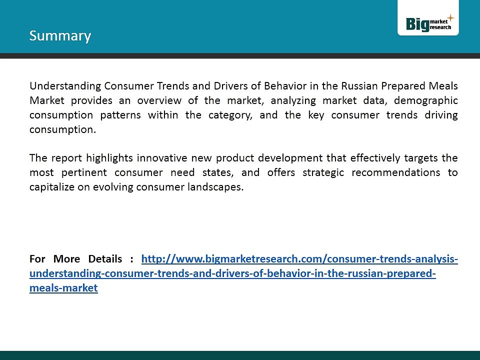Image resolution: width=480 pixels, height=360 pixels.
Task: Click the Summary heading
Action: click(60, 36)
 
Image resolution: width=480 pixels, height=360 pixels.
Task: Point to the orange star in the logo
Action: click(450, 18)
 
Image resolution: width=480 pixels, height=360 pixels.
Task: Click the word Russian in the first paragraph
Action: click(359, 85)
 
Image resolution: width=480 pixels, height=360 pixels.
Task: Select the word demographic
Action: click(426, 100)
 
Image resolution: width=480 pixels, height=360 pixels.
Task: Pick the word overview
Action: click(159, 100)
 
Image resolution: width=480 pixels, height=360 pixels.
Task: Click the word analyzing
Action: click(293, 100)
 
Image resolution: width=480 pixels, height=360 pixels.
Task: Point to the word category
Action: click(230, 115)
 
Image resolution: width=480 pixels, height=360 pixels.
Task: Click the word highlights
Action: click(109, 158)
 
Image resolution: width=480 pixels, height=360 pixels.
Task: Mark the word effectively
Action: click(375, 158)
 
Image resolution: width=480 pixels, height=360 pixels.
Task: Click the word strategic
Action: click(323, 172)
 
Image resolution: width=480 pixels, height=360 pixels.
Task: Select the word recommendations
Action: click(395, 172)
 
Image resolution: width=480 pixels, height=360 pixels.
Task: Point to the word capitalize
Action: click(51, 187)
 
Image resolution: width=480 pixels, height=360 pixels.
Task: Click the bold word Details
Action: click(105, 259)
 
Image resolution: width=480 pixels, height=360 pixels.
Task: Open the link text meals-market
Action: click(63, 288)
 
